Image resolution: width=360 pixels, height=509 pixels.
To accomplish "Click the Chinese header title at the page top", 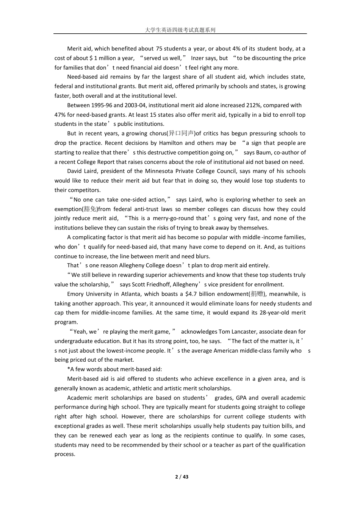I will [x=180, y=30].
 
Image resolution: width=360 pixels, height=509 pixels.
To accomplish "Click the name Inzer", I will [x=197, y=58].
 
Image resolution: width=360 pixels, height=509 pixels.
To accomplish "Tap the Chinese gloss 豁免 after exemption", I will [x=90, y=209].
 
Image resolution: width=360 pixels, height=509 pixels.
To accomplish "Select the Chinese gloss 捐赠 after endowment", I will [x=257, y=294].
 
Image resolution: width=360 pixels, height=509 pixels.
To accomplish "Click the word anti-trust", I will [x=135, y=209].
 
